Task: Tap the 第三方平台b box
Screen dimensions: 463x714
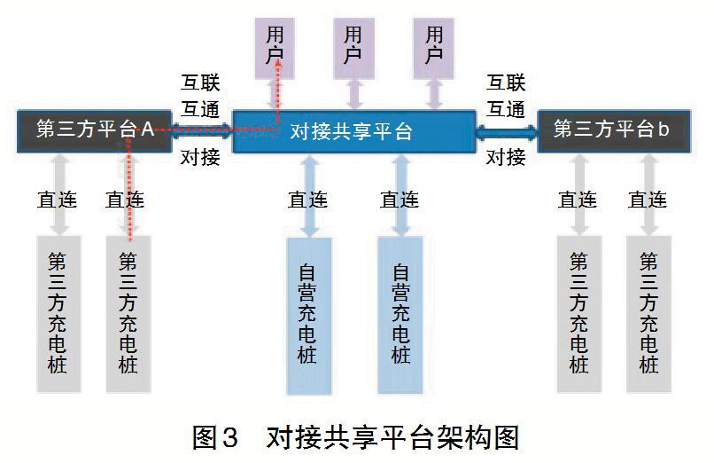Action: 610,130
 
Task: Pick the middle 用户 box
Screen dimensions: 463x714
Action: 353,43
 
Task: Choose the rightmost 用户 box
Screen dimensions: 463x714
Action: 433,43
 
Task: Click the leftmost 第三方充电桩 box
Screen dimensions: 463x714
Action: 58,312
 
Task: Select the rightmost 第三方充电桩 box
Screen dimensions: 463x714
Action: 648,312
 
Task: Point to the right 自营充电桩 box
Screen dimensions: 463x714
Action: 400,315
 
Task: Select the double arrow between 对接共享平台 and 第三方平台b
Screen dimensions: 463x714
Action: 507,131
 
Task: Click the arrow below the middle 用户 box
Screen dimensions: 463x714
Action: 353,91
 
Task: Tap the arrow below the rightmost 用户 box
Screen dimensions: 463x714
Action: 433,91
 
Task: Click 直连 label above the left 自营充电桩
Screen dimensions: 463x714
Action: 308,200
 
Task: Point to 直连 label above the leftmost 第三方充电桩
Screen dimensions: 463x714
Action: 58,200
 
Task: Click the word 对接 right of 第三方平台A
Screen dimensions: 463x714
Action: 200,158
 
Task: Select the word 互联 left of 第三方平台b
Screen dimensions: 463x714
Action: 507,84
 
